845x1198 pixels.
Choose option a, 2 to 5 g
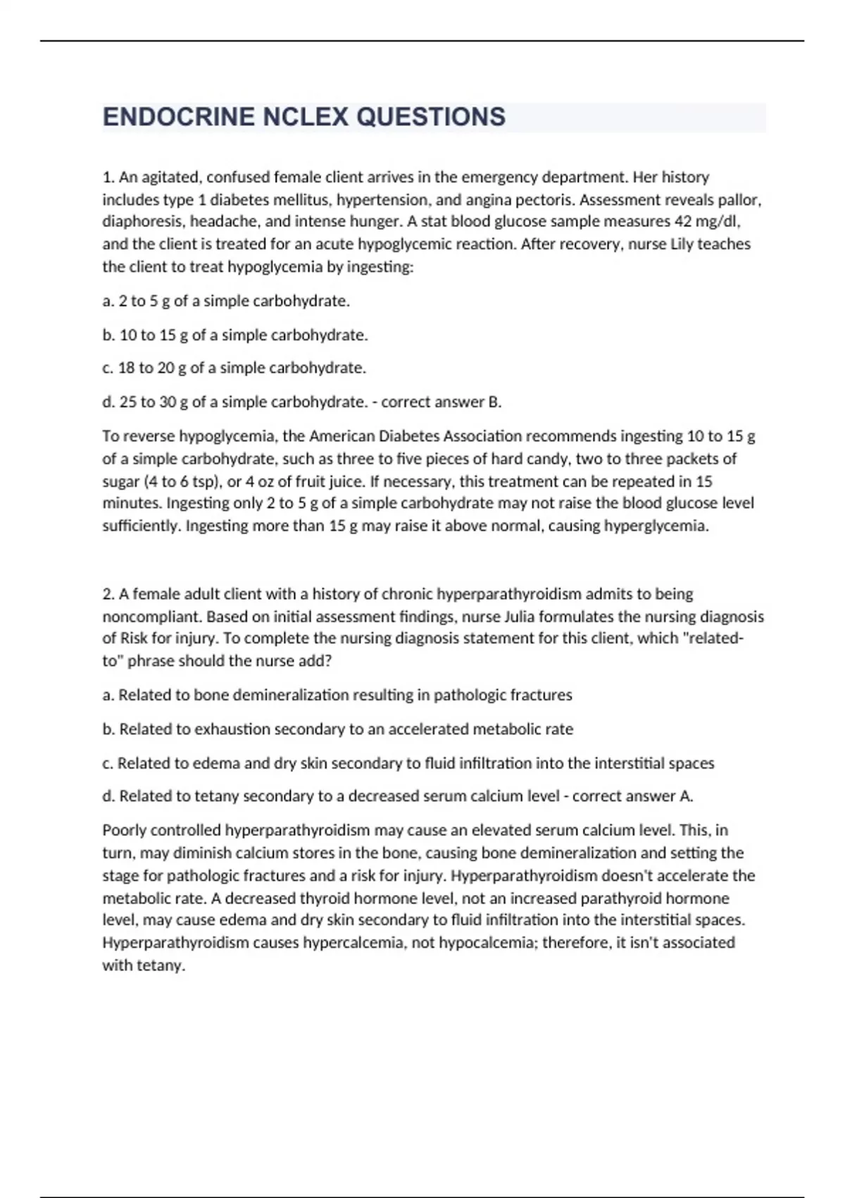point(226,301)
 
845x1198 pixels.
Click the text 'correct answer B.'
point(442,402)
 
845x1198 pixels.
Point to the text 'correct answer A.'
point(633,796)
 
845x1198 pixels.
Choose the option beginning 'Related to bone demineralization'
point(337,696)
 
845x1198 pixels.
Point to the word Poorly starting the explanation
point(123,830)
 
